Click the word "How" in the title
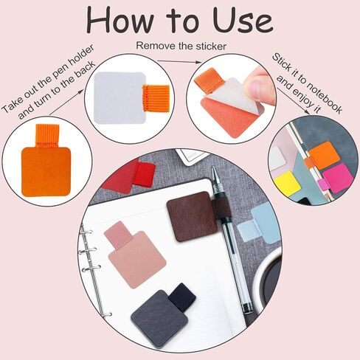120,20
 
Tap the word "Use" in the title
243,20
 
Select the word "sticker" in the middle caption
211,46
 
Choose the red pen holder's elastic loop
144,174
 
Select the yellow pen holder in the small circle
287,184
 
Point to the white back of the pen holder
120,98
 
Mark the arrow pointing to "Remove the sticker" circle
179,61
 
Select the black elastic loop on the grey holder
182,297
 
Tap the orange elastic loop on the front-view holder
47,136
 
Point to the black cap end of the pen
246,308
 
